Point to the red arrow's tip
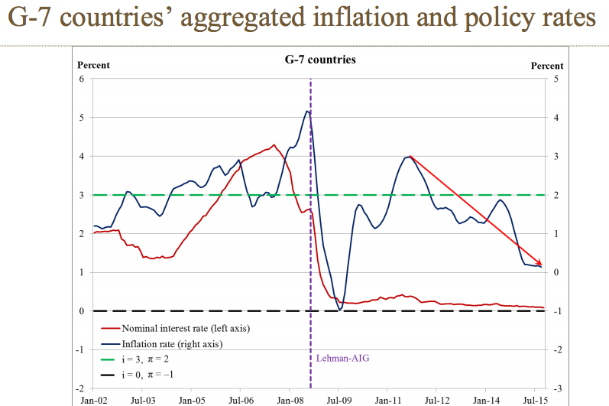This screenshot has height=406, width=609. (541, 265)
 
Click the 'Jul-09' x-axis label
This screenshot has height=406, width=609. (339, 399)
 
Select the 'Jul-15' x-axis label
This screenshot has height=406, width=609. (534, 399)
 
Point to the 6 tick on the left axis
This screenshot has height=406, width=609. (82, 79)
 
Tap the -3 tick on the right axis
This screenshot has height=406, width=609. (558, 388)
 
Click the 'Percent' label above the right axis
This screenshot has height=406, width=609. (547, 66)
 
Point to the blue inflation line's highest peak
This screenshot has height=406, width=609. (306, 111)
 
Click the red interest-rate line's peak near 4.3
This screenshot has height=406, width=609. (273, 145)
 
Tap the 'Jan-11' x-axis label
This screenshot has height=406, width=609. (387, 399)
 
